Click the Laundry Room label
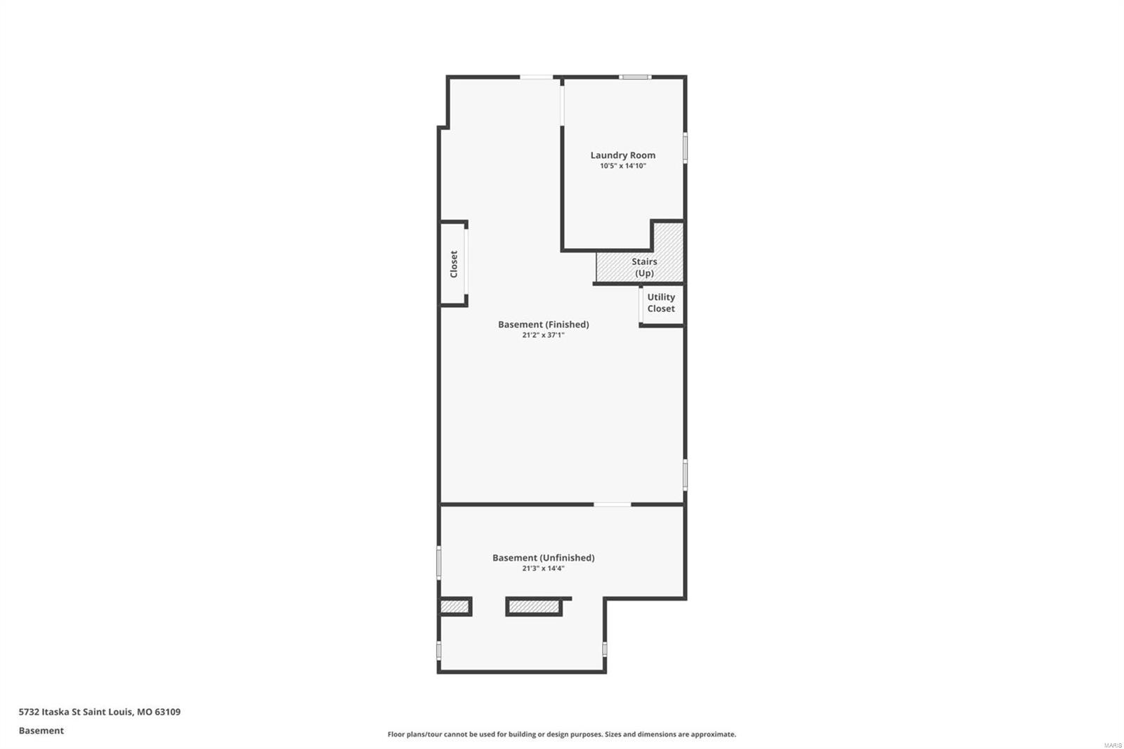[x=622, y=155]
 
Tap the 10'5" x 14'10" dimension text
[x=622, y=167]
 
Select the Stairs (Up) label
[x=644, y=267]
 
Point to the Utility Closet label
[x=661, y=303]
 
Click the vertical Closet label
[x=454, y=263]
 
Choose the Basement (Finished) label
[x=543, y=325]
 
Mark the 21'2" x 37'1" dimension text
[x=543, y=336]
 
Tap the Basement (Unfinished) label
[x=543, y=558]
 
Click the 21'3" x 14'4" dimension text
[x=543, y=569]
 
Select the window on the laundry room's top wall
[x=635, y=77]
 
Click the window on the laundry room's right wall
[x=685, y=148]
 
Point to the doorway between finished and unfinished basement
[x=612, y=504]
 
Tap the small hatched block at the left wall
[x=454, y=606]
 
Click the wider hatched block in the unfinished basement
[x=534, y=606]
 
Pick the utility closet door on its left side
[x=641, y=306]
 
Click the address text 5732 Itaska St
[x=99, y=712]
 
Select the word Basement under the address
[x=41, y=731]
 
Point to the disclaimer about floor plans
[x=561, y=734]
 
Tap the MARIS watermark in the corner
[x=1112, y=745]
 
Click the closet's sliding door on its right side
[x=465, y=263]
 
